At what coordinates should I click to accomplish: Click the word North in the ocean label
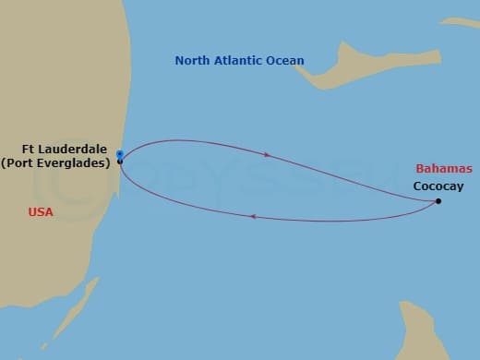tap(192, 61)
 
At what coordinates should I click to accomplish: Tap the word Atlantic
tap(237, 61)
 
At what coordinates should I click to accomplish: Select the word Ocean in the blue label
tap(284, 61)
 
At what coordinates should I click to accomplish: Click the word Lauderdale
tap(79, 150)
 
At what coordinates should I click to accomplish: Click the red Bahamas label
tap(444, 169)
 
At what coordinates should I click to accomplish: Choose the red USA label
tap(41, 212)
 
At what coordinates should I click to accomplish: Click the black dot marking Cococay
tap(438, 201)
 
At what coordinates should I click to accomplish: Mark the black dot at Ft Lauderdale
tap(120, 162)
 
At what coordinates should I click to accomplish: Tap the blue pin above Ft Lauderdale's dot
tap(120, 153)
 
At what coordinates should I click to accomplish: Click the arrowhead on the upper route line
tap(267, 155)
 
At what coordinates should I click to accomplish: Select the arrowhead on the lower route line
tap(252, 217)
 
